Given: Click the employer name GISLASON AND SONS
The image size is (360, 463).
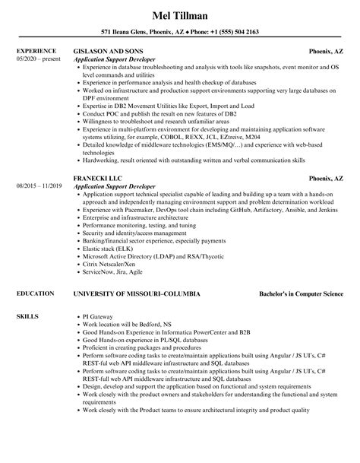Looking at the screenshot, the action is pyautogui.click(x=107, y=52).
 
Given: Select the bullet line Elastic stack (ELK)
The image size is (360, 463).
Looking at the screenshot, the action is pyautogui.click(x=107, y=249).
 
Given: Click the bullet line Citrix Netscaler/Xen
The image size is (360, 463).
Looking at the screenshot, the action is pyautogui.click(x=112, y=264).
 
